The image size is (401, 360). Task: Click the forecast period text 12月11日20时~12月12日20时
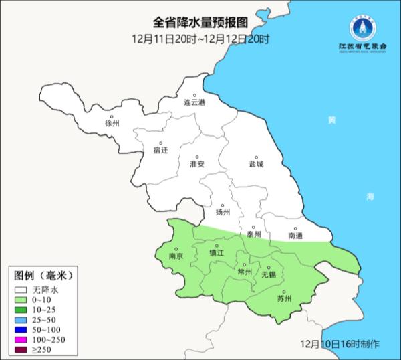[200, 39]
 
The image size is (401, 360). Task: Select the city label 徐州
[112, 124]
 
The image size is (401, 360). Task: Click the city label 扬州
[223, 212]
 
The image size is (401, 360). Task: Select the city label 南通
[295, 235]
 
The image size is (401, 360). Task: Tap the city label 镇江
[217, 253]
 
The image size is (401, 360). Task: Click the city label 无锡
[268, 274]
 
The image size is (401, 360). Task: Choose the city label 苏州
[285, 298]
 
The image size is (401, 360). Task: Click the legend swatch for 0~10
[21, 301]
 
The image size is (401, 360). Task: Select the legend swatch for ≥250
[21, 350]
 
